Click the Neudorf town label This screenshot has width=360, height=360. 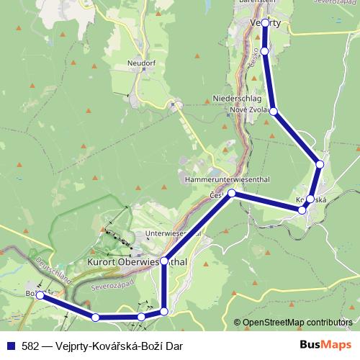[x=141, y=63]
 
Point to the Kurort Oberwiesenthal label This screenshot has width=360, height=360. [x=137, y=262]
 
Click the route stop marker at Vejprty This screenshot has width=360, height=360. [x=266, y=23]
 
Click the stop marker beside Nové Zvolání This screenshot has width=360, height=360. [x=273, y=111]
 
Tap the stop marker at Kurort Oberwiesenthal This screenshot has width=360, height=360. [x=165, y=261]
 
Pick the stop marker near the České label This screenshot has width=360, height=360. [x=232, y=193]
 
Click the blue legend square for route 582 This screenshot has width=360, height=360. [x=10, y=346]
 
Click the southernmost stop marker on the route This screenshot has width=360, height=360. [x=96, y=317]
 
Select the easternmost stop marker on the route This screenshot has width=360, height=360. [x=320, y=165]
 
